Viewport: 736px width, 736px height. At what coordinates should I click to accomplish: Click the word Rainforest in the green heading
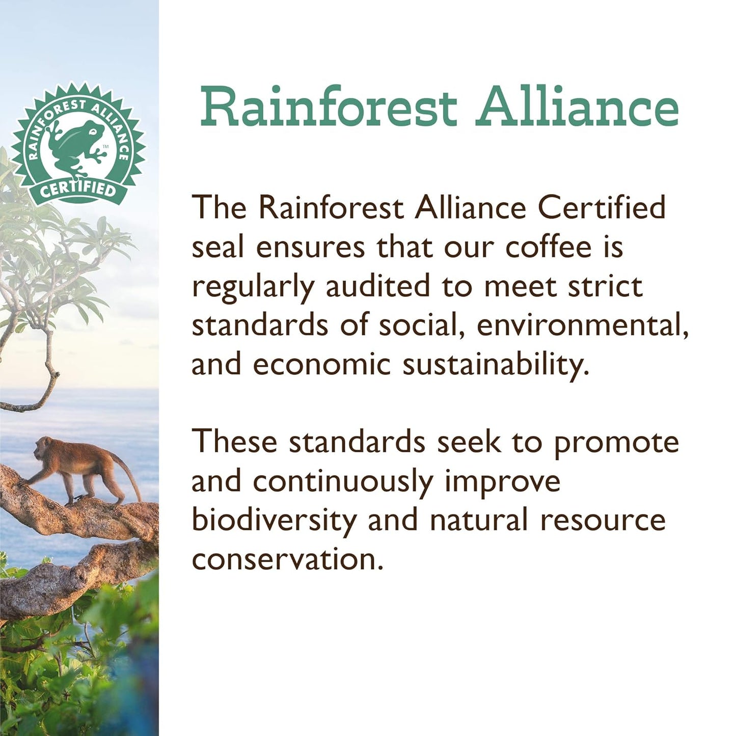(x=328, y=107)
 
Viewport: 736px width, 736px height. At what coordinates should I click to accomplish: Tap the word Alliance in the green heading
(x=577, y=107)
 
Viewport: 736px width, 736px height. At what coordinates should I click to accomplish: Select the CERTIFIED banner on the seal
(x=78, y=189)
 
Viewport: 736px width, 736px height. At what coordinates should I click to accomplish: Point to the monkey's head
(x=43, y=449)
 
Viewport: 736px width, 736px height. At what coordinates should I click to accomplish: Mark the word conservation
(x=287, y=560)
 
